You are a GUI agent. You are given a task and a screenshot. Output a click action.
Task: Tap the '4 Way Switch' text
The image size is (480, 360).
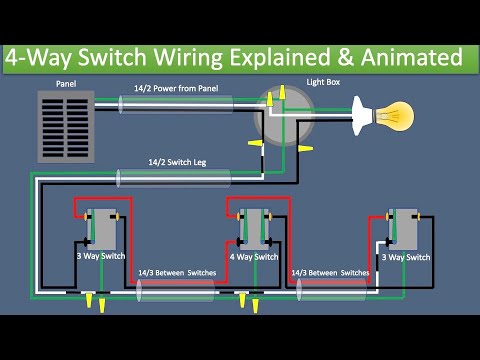252,257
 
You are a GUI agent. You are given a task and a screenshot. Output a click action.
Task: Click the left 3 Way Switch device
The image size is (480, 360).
100,229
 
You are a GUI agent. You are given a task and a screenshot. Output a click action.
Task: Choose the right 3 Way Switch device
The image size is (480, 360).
404,229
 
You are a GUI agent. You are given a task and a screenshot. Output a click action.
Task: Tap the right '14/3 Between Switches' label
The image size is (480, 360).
330,272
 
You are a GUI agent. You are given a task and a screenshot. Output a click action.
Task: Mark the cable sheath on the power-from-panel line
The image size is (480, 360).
176,104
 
